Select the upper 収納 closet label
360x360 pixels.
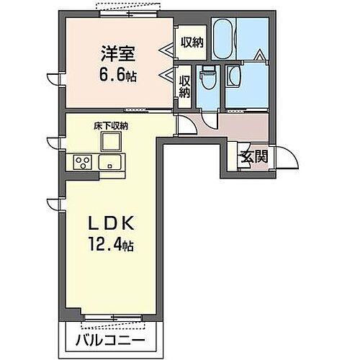[x=192, y=42]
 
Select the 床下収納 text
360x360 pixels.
[x=110, y=126]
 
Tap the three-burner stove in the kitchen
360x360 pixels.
[x=81, y=162]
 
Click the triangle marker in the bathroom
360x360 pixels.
[x=258, y=54]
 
